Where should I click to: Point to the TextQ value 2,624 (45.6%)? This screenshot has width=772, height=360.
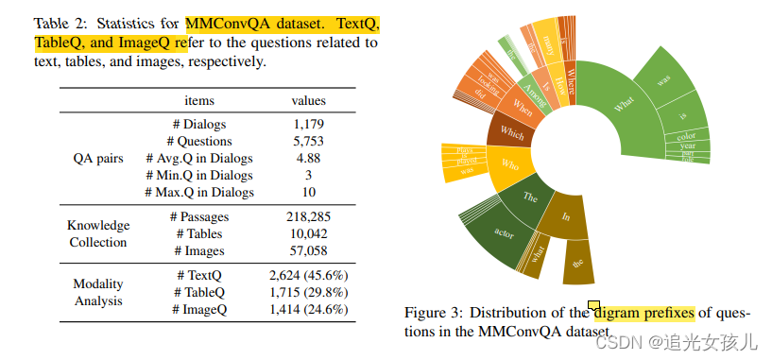(308, 275)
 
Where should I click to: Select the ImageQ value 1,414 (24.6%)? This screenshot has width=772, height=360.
(308, 309)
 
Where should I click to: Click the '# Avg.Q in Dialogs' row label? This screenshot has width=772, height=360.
(199, 158)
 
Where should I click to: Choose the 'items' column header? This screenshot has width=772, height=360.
(199, 100)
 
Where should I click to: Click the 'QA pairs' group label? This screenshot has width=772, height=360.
(98, 158)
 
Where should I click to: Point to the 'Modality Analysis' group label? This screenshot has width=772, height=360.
(98, 292)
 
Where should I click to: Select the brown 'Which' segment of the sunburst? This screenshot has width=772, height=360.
(511, 132)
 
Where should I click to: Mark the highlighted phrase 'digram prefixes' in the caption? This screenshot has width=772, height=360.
(644, 313)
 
